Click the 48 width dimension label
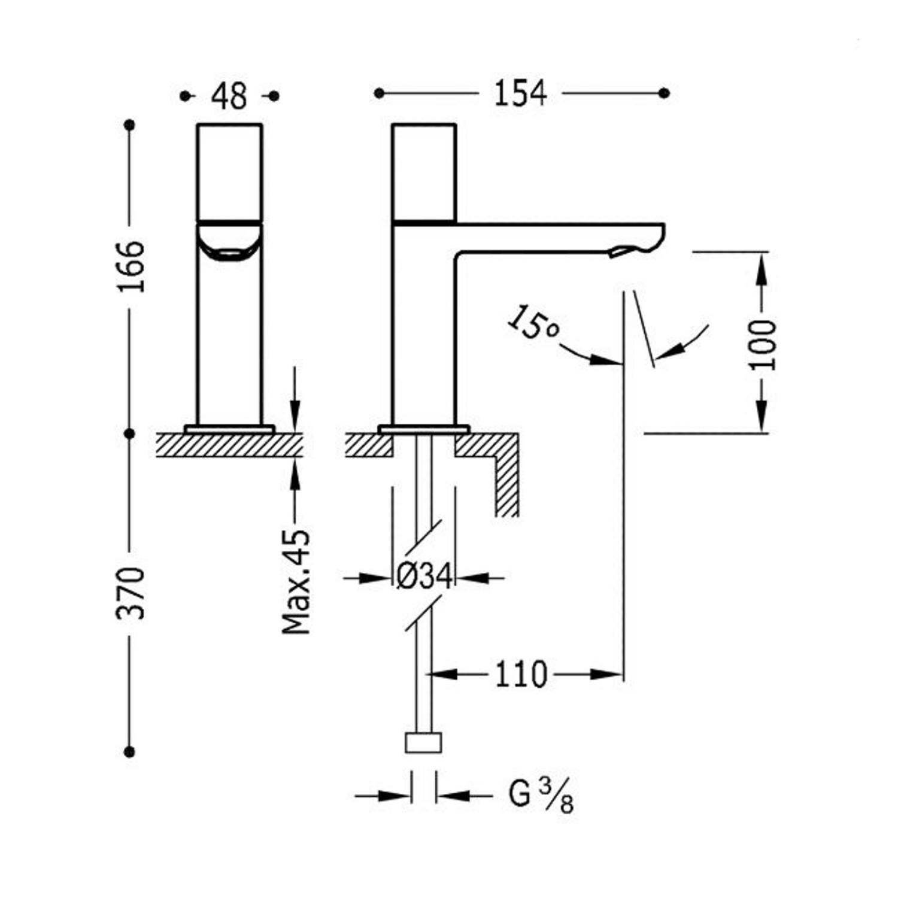[229, 96]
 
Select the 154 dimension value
[520, 93]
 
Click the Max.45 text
[297, 581]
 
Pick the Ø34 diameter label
[424, 578]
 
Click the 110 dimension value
[521, 675]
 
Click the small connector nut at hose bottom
[424, 742]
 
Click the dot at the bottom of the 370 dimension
[130, 751]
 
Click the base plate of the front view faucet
[230, 429]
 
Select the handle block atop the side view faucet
[424, 173]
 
